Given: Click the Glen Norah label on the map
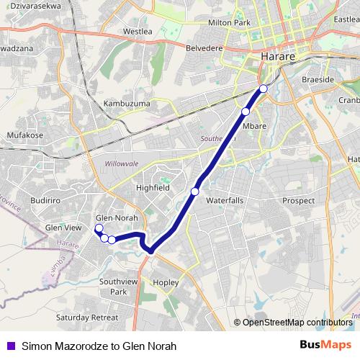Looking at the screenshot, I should [117, 217].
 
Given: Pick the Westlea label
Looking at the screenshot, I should [138, 32].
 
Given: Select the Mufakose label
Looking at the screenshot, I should [25, 134].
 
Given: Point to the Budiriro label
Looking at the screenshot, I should [47, 201].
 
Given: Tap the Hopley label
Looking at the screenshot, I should [166, 282].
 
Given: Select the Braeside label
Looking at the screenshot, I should [318, 80].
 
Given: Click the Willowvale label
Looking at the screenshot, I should [121, 164].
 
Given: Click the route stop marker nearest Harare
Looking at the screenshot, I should [263, 88].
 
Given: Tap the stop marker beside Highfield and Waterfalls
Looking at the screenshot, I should [194, 191].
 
